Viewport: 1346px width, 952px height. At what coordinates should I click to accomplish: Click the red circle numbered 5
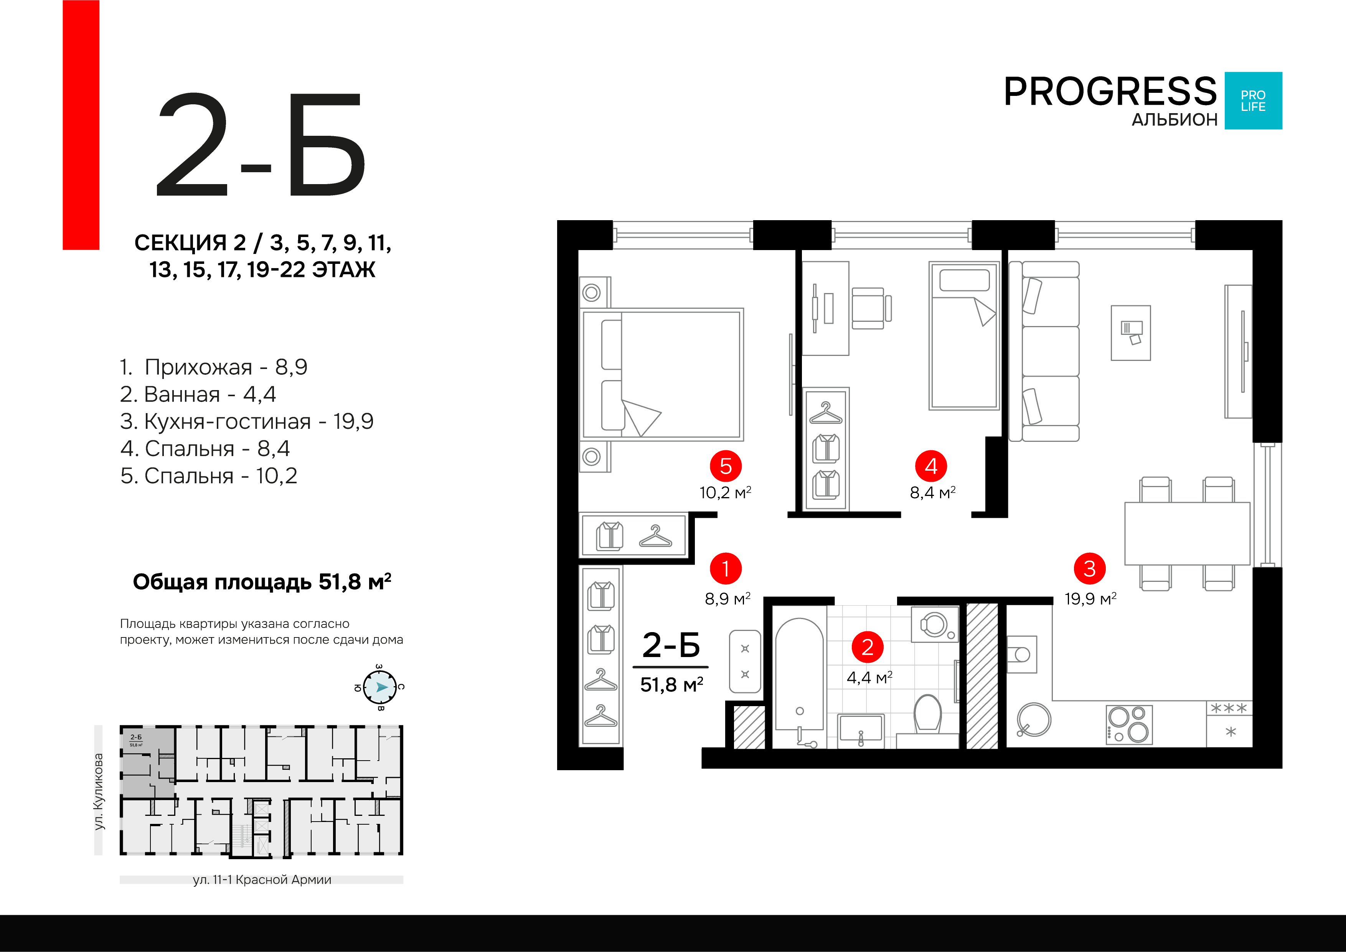(726, 466)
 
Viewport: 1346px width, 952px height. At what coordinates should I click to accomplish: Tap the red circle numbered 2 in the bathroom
(868, 647)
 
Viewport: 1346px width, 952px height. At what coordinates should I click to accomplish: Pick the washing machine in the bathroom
(934, 624)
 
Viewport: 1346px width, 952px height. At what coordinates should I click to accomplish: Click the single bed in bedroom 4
(964, 336)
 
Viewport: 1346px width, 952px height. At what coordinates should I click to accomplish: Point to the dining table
(1187, 534)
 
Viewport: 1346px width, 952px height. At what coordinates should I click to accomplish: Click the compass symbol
(380, 687)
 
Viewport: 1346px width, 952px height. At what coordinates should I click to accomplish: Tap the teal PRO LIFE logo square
(1254, 101)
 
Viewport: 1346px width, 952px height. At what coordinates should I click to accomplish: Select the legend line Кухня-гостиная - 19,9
(247, 422)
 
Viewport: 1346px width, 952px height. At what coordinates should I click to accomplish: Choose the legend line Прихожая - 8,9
(214, 367)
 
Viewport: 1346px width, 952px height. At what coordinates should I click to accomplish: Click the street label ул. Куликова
(99, 791)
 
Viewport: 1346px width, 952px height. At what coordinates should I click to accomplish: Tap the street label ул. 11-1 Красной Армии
(262, 880)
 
